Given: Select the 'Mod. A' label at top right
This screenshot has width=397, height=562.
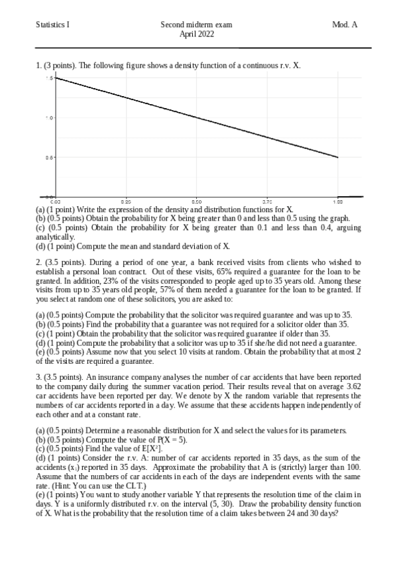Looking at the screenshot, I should [x=344, y=25].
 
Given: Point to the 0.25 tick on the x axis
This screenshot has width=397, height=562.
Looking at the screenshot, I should [x=126, y=200].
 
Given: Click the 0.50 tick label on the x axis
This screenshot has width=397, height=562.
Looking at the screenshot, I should [x=197, y=200].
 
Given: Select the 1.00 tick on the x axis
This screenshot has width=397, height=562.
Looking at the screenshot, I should [x=338, y=200].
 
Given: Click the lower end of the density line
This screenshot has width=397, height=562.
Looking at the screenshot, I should [x=338, y=158].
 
